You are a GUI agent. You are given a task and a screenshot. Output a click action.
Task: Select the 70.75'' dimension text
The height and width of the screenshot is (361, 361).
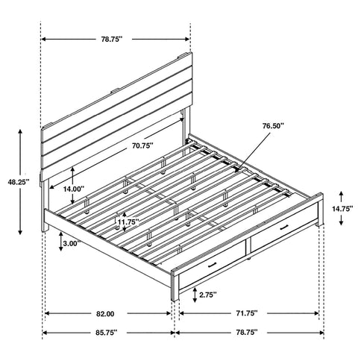(x=141, y=146)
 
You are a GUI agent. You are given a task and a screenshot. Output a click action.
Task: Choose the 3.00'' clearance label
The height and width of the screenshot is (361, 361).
(x=72, y=244)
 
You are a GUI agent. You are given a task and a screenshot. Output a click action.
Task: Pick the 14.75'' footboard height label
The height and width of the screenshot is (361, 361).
(x=342, y=210)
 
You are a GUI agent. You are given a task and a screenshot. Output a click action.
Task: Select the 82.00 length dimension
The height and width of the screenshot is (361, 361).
(x=104, y=313)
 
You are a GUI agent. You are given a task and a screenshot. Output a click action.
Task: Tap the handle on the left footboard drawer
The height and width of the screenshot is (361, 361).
(x=213, y=265)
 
